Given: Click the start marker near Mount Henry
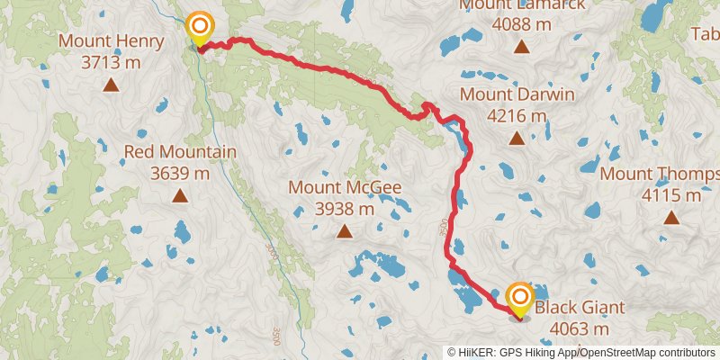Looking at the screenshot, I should point(199,27).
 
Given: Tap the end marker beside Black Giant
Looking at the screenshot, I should point(520,299).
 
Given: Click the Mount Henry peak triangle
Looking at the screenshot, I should point(111,85).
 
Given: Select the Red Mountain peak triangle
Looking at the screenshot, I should point(180,195).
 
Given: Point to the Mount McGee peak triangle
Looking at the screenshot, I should point(344,231).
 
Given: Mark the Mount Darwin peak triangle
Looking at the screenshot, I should point(517,138).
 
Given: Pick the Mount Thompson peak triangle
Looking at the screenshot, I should point(671,216).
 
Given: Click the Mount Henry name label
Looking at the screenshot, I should point(111,41).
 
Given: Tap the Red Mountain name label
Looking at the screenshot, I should point(180,151).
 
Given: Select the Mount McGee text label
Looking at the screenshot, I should point(344,187).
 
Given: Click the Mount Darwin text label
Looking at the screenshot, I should point(517,94).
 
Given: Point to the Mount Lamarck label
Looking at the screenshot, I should point(522,5).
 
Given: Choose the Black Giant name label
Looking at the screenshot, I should point(580,308).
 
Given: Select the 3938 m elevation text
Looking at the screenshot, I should point(344,208).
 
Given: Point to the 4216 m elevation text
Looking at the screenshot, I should point(517,115).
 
